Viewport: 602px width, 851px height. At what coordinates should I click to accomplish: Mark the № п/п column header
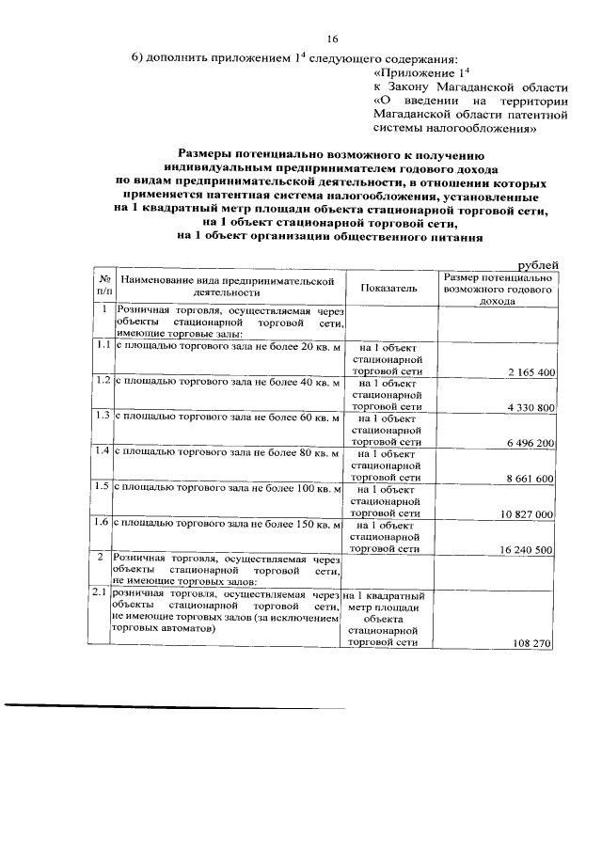[103, 288]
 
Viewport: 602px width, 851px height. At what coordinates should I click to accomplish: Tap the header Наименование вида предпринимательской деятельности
[228, 288]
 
